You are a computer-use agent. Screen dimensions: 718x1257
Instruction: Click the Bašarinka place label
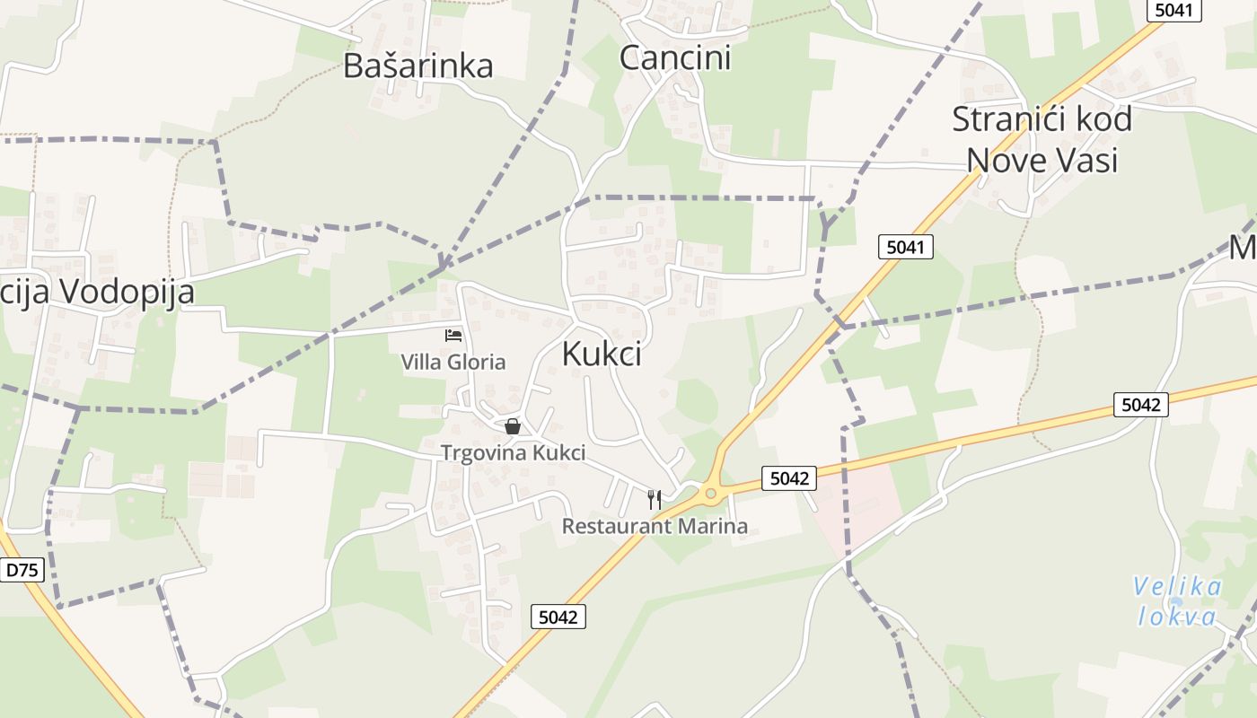[x=418, y=66]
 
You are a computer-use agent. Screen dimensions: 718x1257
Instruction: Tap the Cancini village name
[x=675, y=57]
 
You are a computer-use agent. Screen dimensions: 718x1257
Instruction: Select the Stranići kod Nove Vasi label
[x=1042, y=139]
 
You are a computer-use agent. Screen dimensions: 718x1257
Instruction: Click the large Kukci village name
[x=602, y=354]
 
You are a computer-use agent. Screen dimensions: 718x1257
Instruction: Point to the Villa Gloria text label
[x=453, y=363]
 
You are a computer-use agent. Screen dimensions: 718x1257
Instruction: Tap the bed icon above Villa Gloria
[x=453, y=336]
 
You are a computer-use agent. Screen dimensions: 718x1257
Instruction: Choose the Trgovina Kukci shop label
[x=513, y=453]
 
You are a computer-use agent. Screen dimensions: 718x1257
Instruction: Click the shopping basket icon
[x=512, y=426]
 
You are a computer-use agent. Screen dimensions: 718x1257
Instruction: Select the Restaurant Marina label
[x=655, y=526]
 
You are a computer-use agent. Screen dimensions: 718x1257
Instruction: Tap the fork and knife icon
[x=655, y=499]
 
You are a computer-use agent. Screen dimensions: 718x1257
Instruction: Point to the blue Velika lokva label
[x=1177, y=601]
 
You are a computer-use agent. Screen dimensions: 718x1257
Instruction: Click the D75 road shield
[x=22, y=569]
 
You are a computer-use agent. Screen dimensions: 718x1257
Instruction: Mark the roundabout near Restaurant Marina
[x=711, y=492]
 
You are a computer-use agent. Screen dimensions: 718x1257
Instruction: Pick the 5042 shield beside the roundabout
[x=789, y=478]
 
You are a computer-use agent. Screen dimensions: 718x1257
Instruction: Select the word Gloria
[x=478, y=363]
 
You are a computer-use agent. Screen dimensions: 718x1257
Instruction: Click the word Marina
[x=713, y=526]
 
